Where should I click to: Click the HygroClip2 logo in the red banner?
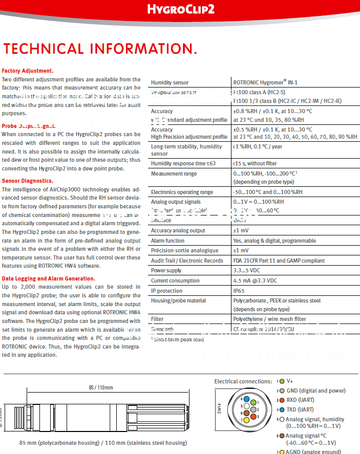point(181,9)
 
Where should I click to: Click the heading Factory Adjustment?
point(28,71)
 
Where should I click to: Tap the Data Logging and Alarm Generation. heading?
point(48,278)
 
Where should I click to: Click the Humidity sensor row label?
point(170,82)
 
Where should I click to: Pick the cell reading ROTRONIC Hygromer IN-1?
point(265,82)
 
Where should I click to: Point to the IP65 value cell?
point(240,291)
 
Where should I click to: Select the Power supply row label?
point(166,271)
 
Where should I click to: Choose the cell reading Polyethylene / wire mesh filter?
point(269,319)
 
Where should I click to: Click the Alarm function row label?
point(167,241)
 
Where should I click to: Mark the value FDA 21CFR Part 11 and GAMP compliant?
point(279,261)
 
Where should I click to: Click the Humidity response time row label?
point(183,163)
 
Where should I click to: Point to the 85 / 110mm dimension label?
point(101,387)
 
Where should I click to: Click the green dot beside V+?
point(281,381)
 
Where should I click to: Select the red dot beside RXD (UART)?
point(281,400)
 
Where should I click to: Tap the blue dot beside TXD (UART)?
point(281,409)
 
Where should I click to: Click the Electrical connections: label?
point(243,381)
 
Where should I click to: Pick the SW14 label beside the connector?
point(219,410)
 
